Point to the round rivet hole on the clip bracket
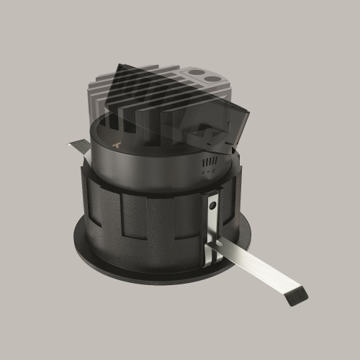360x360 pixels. (212, 207)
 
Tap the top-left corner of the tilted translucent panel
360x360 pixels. (115, 67)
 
